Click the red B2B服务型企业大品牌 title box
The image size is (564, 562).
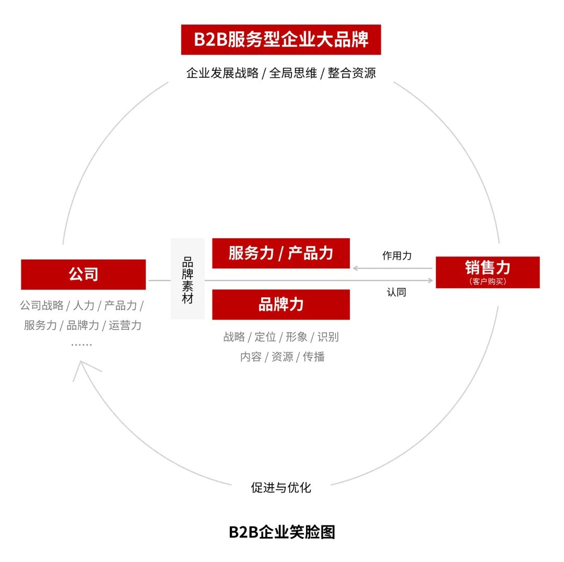point(281,40)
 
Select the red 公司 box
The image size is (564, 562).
point(84,275)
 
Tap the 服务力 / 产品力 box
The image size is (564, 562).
point(281,253)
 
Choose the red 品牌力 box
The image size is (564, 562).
point(281,305)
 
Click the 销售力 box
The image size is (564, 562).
point(488,272)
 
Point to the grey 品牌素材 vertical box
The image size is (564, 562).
point(187,279)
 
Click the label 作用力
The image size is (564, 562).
point(397,256)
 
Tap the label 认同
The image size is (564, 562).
point(397,292)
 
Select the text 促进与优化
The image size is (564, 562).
point(281,487)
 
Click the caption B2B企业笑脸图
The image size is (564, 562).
point(281,532)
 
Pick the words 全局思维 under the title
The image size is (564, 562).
point(293,73)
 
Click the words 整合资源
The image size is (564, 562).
point(352,73)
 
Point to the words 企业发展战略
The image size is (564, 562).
point(222,73)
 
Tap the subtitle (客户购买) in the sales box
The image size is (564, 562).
point(488,282)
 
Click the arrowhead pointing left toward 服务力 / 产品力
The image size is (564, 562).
point(356,268)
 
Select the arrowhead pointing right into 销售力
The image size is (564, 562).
point(430,280)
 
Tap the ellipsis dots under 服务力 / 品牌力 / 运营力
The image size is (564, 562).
point(81,345)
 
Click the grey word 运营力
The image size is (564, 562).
point(125,325)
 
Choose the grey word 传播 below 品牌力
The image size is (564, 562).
point(314,357)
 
